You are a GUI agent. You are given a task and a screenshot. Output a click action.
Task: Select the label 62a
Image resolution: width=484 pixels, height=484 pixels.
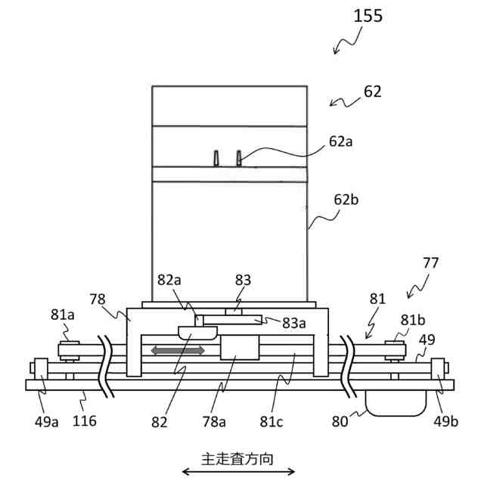pyautogui.click(x=340, y=141)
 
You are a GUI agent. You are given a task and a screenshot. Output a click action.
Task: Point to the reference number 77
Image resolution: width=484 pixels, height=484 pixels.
pyautogui.click(x=430, y=264)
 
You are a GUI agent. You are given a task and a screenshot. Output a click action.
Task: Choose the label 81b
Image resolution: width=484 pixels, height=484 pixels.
pyautogui.click(x=412, y=320)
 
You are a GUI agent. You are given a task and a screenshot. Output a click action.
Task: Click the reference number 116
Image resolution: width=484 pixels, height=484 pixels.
pyautogui.click(x=85, y=420)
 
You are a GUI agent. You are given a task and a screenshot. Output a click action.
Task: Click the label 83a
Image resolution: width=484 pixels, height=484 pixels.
pyautogui.click(x=294, y=323)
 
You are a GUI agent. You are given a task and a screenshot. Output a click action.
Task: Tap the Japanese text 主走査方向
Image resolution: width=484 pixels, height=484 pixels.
pyautogui.click(x=236, y=458)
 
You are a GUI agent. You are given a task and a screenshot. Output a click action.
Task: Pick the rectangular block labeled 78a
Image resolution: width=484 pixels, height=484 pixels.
pyautogui.click(x=240, y=348)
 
